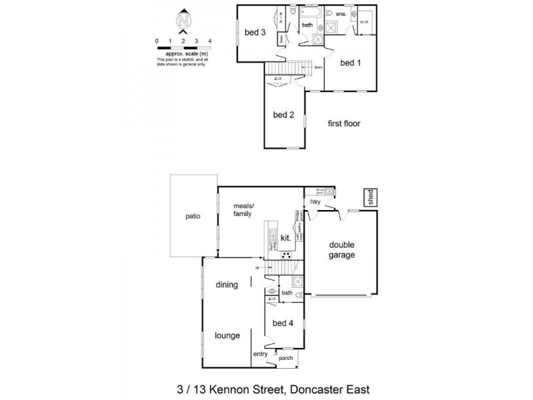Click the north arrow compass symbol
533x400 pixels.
click(183, 21)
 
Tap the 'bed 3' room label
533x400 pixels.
click(255, 32)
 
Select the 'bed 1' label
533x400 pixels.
click(350, 63)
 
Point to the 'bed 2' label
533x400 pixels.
click(284, 115)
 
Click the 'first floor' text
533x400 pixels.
click(344, 123)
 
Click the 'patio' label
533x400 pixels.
click(193, 216)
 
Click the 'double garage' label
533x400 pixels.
click(342, 250)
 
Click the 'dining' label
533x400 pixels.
click(227, 285)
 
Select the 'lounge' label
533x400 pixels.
click(227, 335)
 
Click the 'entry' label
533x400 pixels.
click(260, 354)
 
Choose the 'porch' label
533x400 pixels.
click(286, 358)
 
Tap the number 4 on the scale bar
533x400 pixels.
click(210, 41)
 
